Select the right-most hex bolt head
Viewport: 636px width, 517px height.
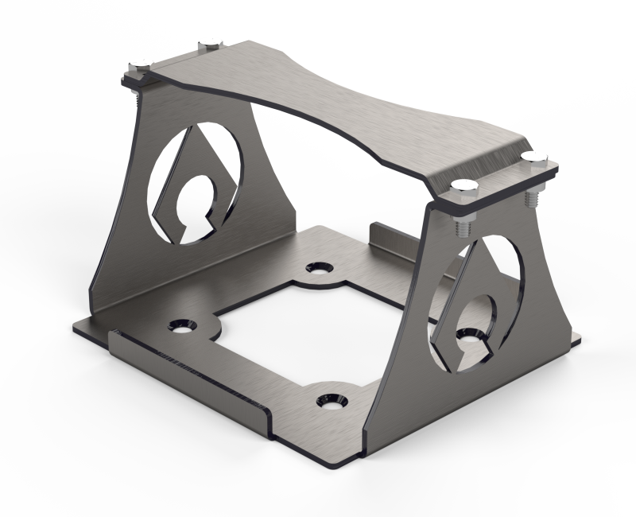[x=531, y=157]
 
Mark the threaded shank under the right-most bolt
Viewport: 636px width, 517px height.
[x=530, y=191]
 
